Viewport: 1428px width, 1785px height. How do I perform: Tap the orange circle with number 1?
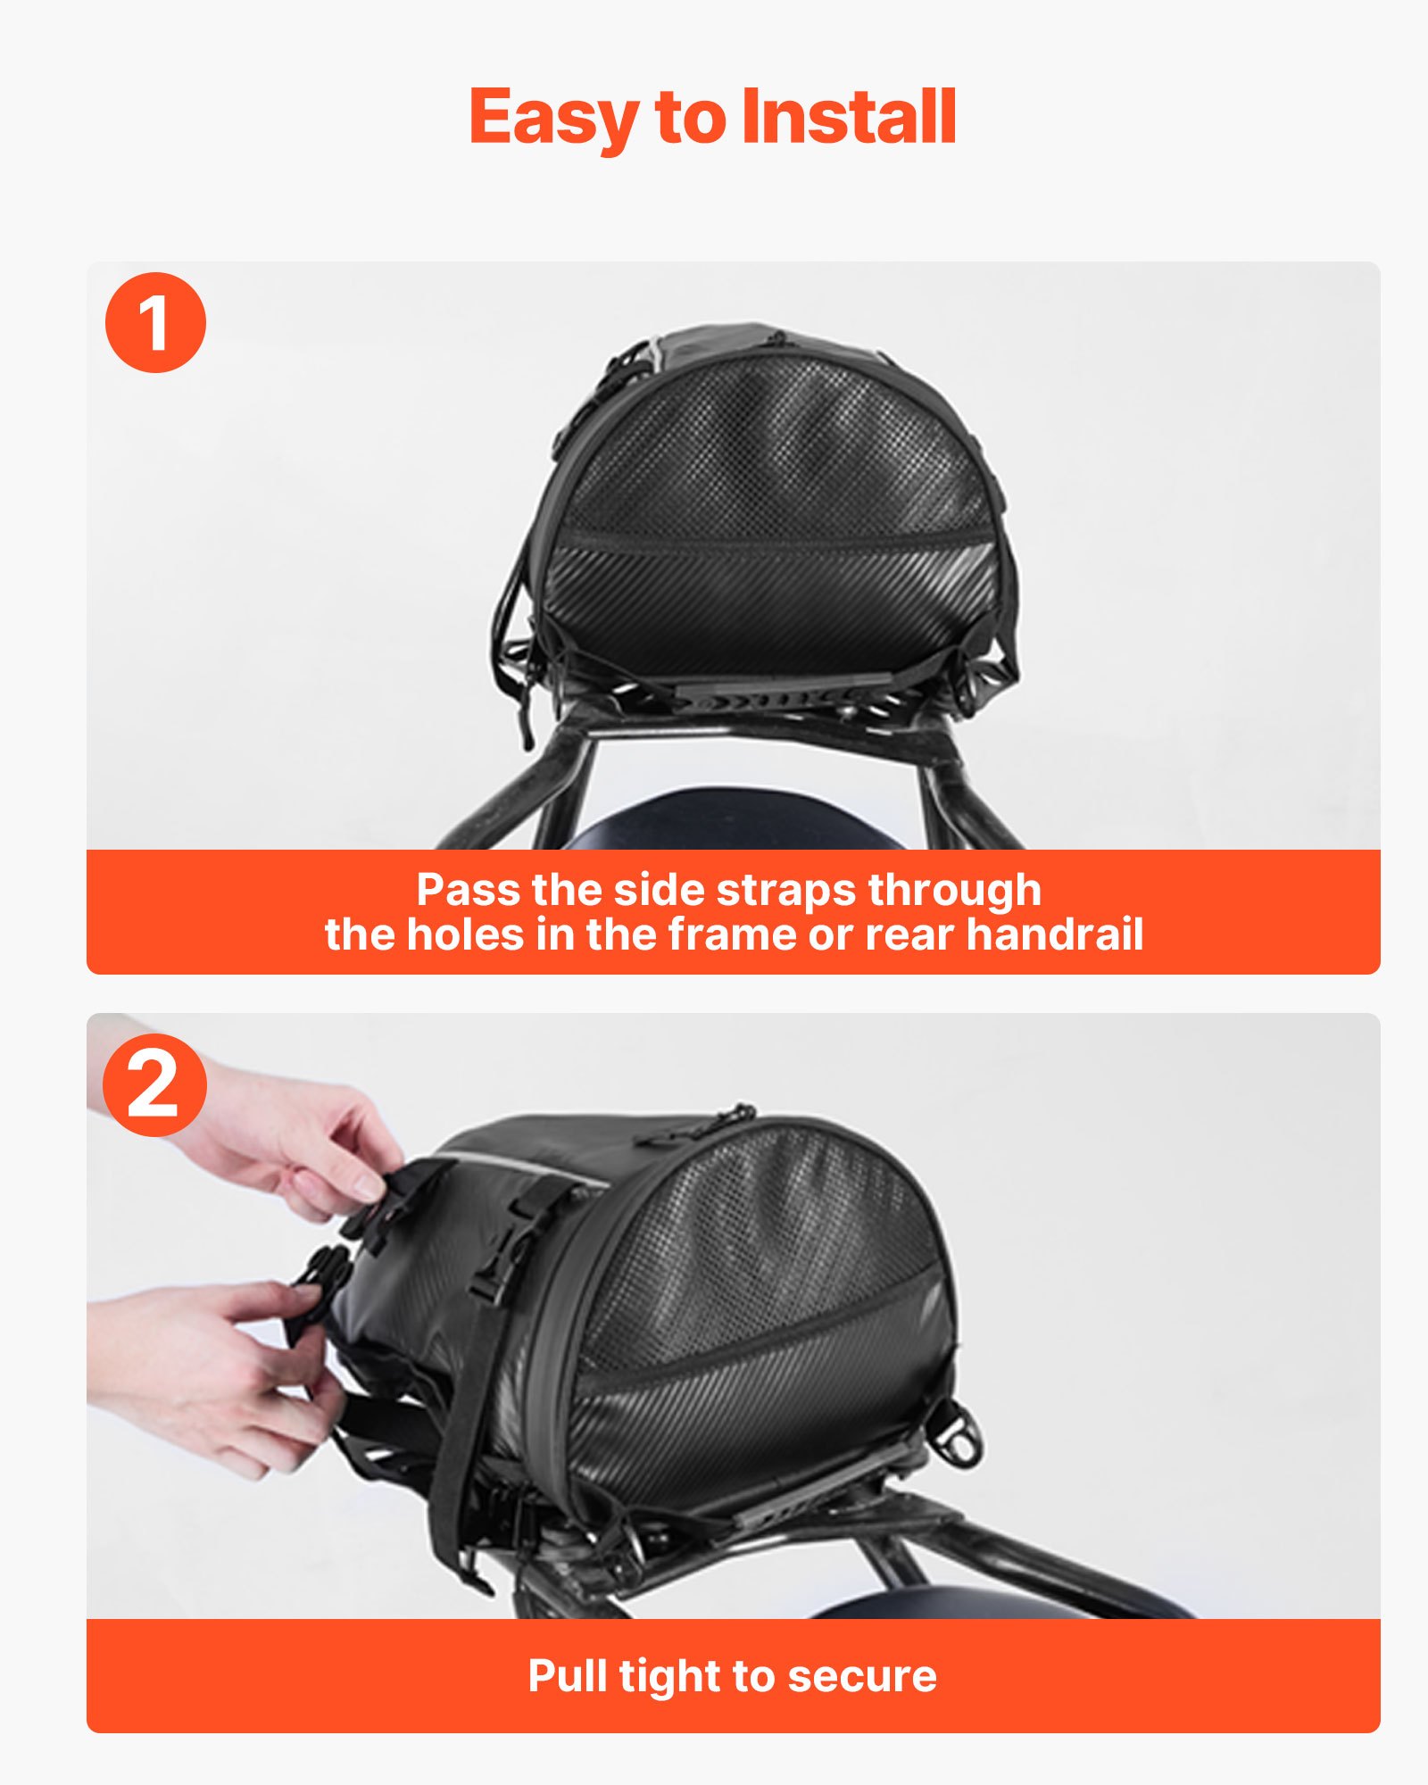tap(155, 322)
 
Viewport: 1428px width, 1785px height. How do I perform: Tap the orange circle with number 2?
tap(154, 1085)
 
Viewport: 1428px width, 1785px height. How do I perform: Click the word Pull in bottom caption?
tap(568, 1675)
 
